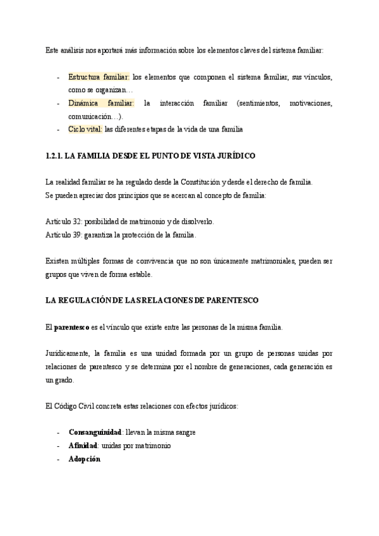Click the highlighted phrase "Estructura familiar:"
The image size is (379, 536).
point(99,77)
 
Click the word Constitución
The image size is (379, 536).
point(194,183)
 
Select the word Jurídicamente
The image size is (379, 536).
point(67,353)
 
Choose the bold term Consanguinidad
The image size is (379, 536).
point(95,433)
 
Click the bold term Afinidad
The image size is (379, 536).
point(83,446)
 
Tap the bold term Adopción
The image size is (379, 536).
point(85,459)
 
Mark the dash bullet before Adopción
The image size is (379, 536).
point(58,459)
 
